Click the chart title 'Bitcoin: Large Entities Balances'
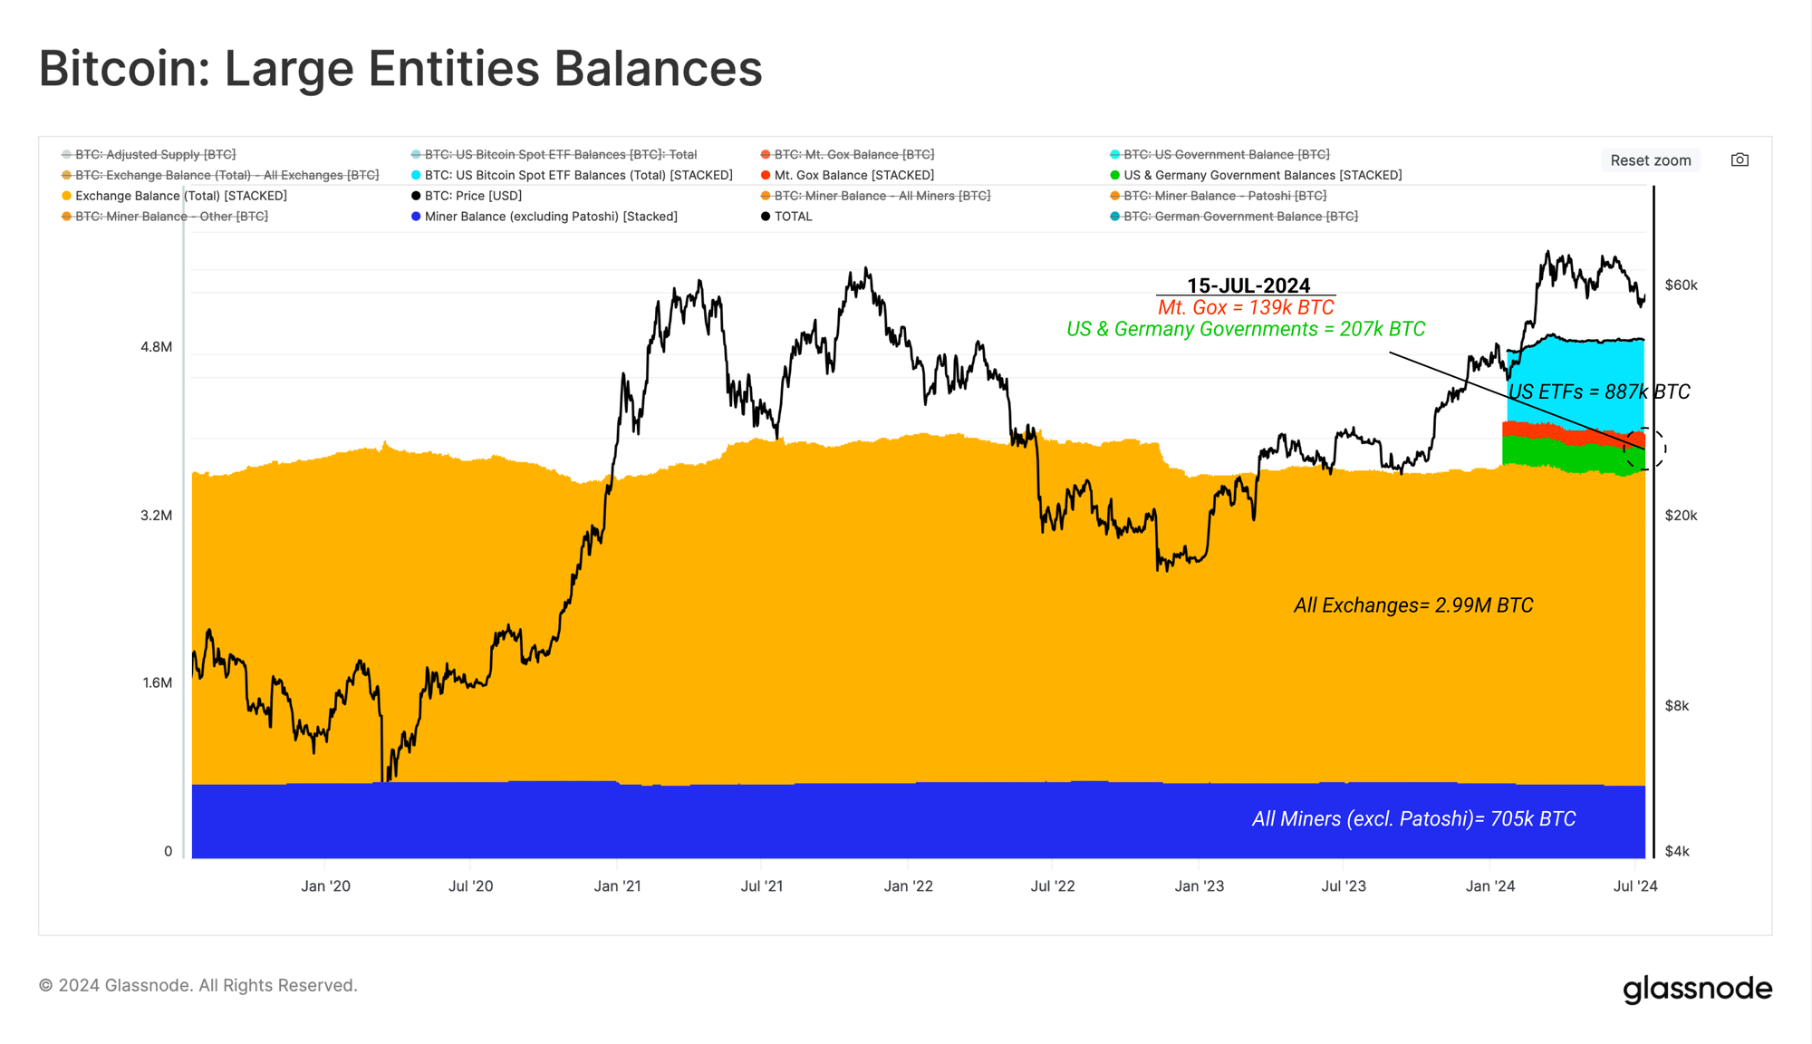[x=400, y=69]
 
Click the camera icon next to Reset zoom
[x=1740, y=160]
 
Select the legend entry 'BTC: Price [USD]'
[x=473, y=196]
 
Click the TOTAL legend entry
[x=793, y=217]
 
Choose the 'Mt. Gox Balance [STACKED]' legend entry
[x=853, y=175]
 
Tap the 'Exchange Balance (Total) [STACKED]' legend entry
[x=180, y=196]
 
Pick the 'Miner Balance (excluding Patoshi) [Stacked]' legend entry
[x=551, y=217]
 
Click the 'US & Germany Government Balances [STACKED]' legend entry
[x=1262, y=175]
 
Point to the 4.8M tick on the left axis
[x=156, y=347]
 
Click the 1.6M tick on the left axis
[x=157, y=683]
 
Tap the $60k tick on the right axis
[x=1681, y=285]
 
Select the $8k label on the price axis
[x=1676, y=706]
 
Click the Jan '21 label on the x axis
[x=617, y=886]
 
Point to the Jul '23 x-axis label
[x=1344, y=886]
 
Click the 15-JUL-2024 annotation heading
[x=1248, y=285]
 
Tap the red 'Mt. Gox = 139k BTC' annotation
[x=1246, y=308]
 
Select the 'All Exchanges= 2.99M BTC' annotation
[x=1413, y=605]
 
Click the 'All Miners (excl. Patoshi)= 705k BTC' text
[x=1413, y=819]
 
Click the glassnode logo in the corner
[x=1697, y=989]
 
